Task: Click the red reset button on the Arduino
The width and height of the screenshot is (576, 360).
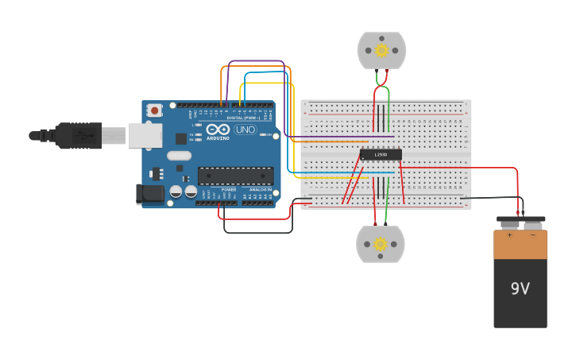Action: (154, 110)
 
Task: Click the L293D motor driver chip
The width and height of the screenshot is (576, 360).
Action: (381, 154)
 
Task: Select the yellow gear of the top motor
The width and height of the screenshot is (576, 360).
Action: (381, 51)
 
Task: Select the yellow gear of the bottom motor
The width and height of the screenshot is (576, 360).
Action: (381, 244)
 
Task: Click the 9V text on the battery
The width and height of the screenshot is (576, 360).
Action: (520, 289)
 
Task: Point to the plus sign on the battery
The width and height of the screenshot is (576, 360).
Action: (509, 235)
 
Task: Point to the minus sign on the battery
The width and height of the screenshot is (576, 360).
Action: (532, 235)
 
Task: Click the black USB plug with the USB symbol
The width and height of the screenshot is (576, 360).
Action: (79, 136)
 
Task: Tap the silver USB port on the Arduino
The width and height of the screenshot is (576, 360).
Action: (145, 135)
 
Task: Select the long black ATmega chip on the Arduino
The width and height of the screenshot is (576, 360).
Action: (236, 176)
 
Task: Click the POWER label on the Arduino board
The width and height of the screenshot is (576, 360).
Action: (229, 190)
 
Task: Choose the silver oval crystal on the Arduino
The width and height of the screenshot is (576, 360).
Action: (180, 156)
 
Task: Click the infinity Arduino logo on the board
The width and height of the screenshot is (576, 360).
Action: (218, 130)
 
